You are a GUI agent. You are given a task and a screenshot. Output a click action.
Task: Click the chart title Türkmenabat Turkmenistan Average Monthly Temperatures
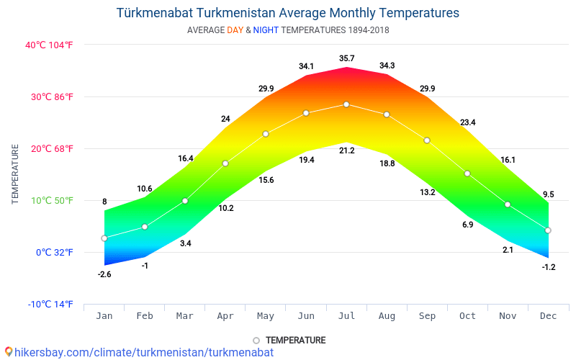[287, 13]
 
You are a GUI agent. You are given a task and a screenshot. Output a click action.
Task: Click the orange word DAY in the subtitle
[235, 30]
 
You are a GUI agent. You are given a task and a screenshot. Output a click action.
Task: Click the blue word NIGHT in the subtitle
[266, 30]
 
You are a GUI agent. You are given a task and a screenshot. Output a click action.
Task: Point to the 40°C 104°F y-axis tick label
[49, 45]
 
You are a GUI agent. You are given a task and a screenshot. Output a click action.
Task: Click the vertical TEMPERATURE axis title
[15, 174]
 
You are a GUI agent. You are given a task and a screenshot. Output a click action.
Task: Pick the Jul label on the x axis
[346, 316]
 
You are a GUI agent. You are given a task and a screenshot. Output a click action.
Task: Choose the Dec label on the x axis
[548, 316]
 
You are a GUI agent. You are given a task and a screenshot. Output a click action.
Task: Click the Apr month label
[225, 316]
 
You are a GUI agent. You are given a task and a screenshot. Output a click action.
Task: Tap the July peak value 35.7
[346, 58]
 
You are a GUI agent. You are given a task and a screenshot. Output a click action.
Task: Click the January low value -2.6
[104, 274]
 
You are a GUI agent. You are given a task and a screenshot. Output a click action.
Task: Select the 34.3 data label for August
[387, 66]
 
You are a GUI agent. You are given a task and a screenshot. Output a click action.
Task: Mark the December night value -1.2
[548, 267]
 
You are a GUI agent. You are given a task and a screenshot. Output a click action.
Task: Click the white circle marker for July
[346, 104]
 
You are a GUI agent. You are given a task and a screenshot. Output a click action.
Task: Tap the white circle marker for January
[104, 238]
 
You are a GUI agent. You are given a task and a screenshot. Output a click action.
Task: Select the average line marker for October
[467, 174]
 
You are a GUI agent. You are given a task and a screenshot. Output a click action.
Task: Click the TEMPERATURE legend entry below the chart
[289, 340]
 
